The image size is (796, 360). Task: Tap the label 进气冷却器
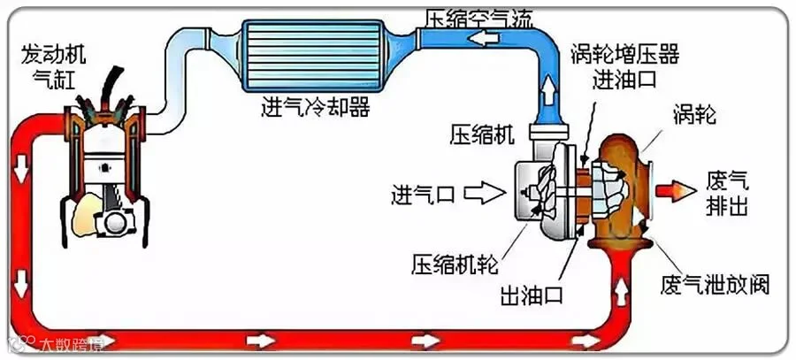coord(314,108)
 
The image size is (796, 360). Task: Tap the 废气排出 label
coord(727,192)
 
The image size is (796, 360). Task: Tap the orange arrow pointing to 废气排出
coord(675,188)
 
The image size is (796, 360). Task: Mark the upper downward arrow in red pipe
coord(19,164)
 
